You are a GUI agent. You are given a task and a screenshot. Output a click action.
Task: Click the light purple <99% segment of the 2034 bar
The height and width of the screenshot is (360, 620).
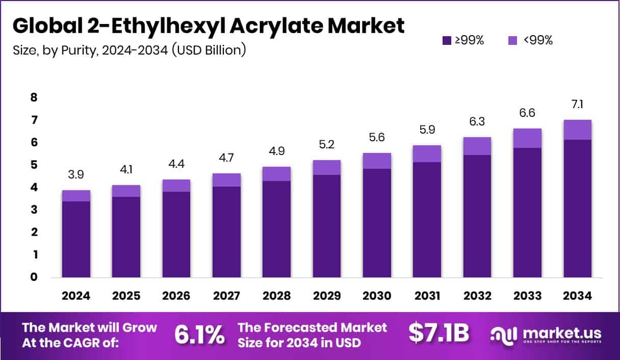coord(577,130)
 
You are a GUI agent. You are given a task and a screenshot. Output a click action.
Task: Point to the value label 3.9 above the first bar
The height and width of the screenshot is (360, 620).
coord(76,174)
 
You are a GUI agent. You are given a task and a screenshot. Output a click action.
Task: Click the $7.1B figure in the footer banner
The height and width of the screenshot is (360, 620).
coord(438,333)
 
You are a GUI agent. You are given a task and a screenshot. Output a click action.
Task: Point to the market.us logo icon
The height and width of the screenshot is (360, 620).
coord(504,335)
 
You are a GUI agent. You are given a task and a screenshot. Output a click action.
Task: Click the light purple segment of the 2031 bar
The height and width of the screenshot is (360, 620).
coord(427,154)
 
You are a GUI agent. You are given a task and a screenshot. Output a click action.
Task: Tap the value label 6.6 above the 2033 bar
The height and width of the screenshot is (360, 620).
coord(528,113)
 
